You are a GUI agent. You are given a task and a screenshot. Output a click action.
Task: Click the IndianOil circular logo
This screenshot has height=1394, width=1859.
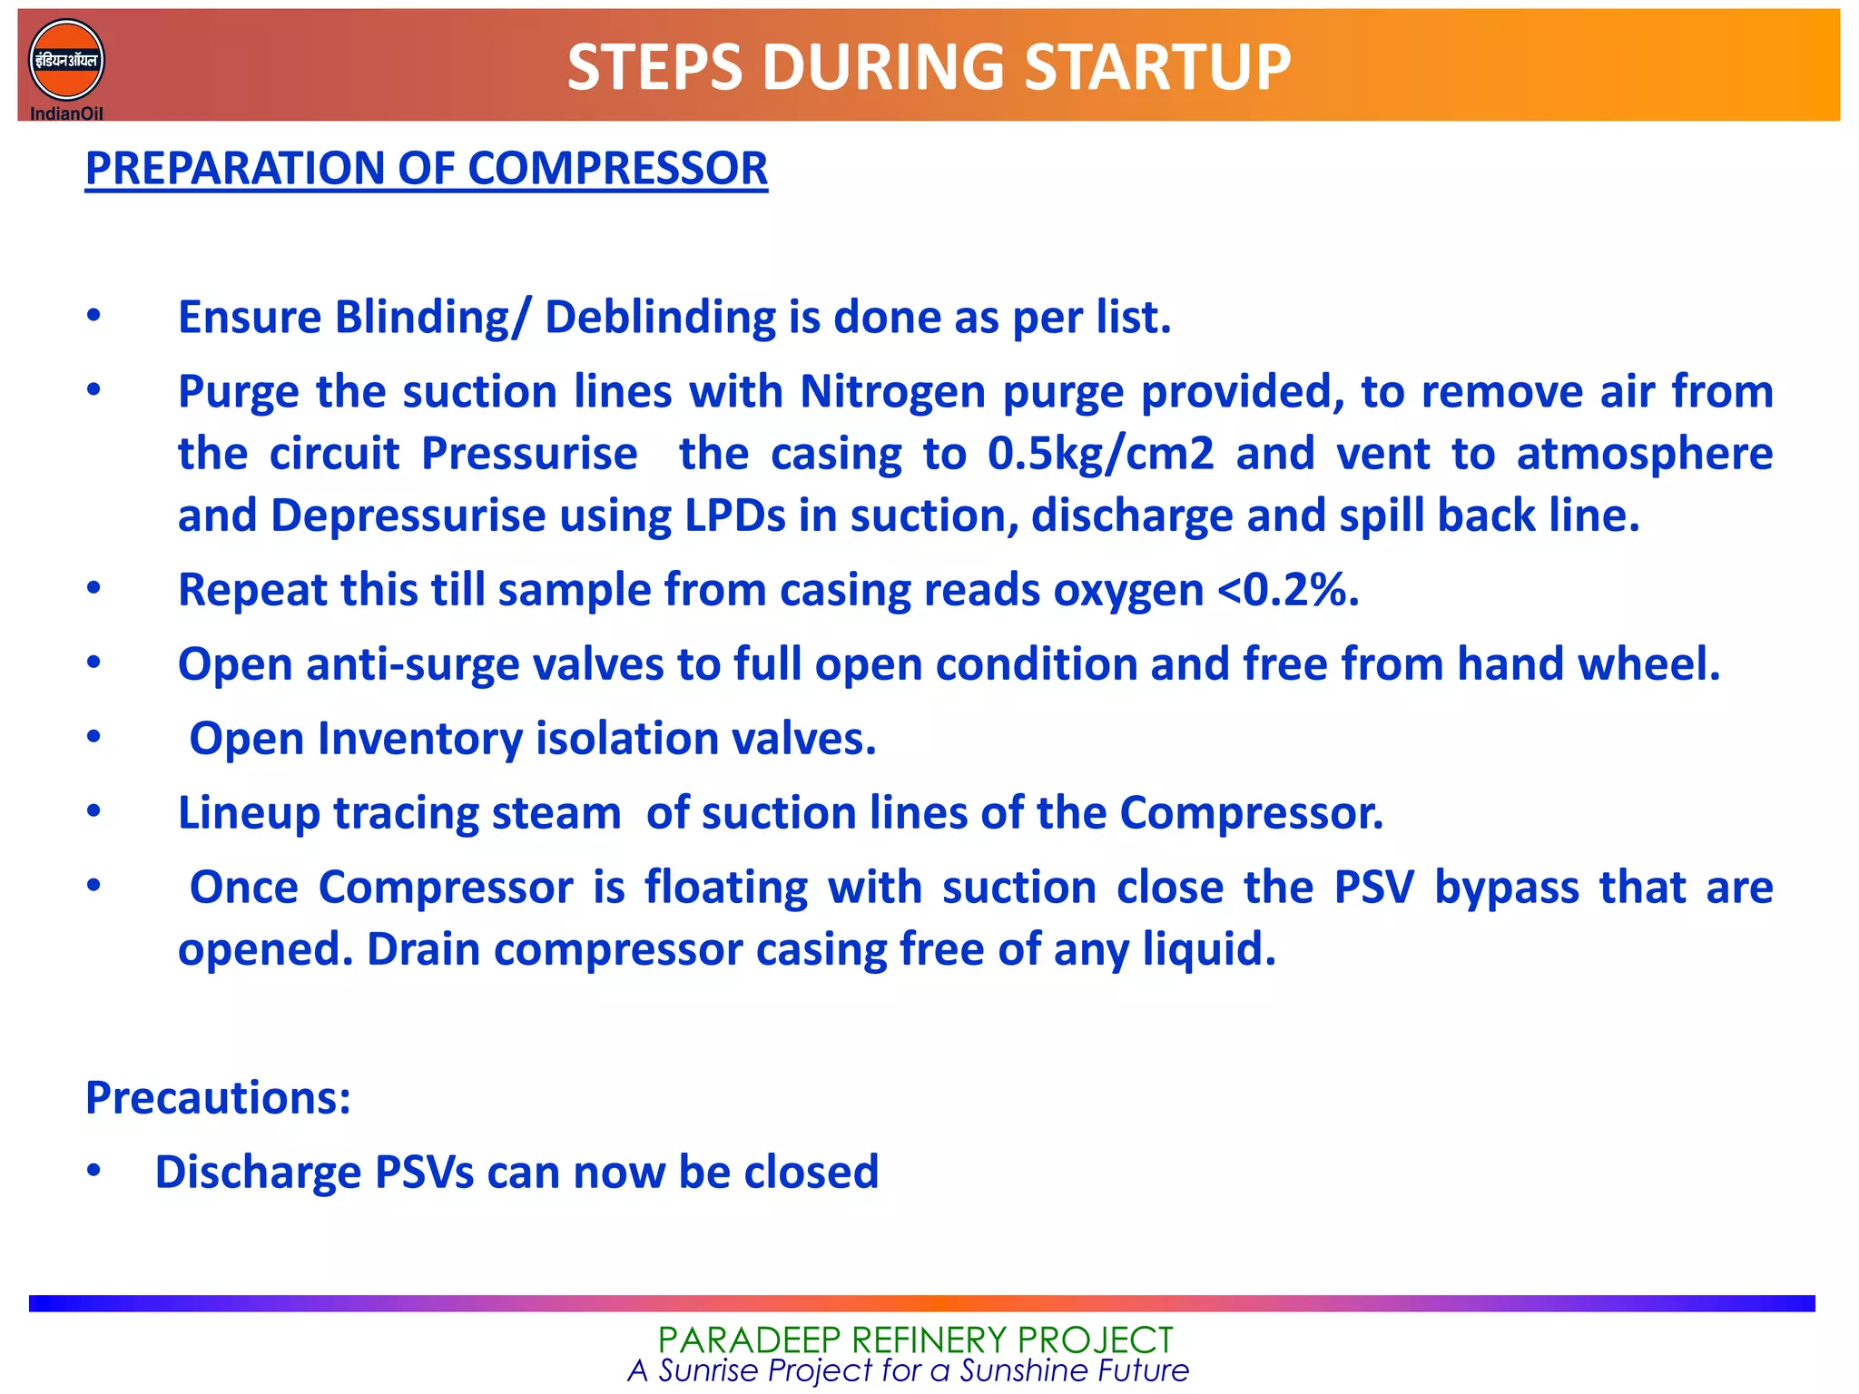66,61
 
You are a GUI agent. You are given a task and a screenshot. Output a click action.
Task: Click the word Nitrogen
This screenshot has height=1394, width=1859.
892,392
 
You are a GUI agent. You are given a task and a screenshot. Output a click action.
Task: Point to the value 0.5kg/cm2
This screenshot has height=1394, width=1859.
1100,454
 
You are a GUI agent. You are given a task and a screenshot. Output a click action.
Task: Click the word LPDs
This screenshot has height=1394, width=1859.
734,515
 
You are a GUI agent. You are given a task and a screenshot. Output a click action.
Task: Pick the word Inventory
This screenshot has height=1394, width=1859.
419,739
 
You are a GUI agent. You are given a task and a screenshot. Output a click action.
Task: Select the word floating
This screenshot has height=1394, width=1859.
726,888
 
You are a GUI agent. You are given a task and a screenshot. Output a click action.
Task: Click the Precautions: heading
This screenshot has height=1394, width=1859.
218,1098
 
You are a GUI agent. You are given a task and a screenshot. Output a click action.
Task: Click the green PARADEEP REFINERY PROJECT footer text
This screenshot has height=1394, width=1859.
915,1340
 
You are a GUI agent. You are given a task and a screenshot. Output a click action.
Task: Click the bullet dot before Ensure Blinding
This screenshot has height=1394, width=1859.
93,316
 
